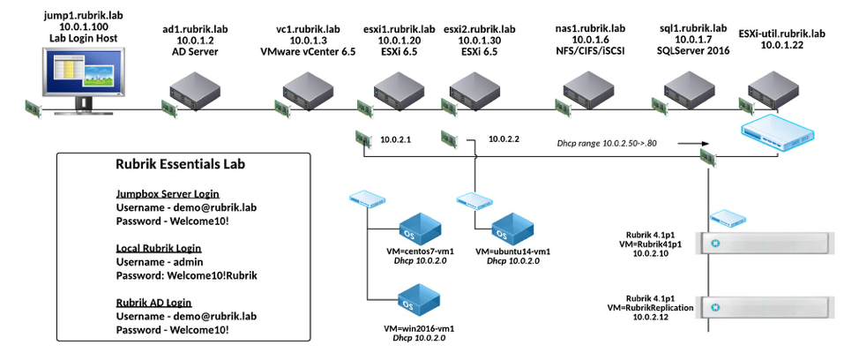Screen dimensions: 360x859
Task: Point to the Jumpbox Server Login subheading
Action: point(167,193)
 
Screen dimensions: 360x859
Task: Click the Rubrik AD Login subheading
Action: point(155,302)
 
